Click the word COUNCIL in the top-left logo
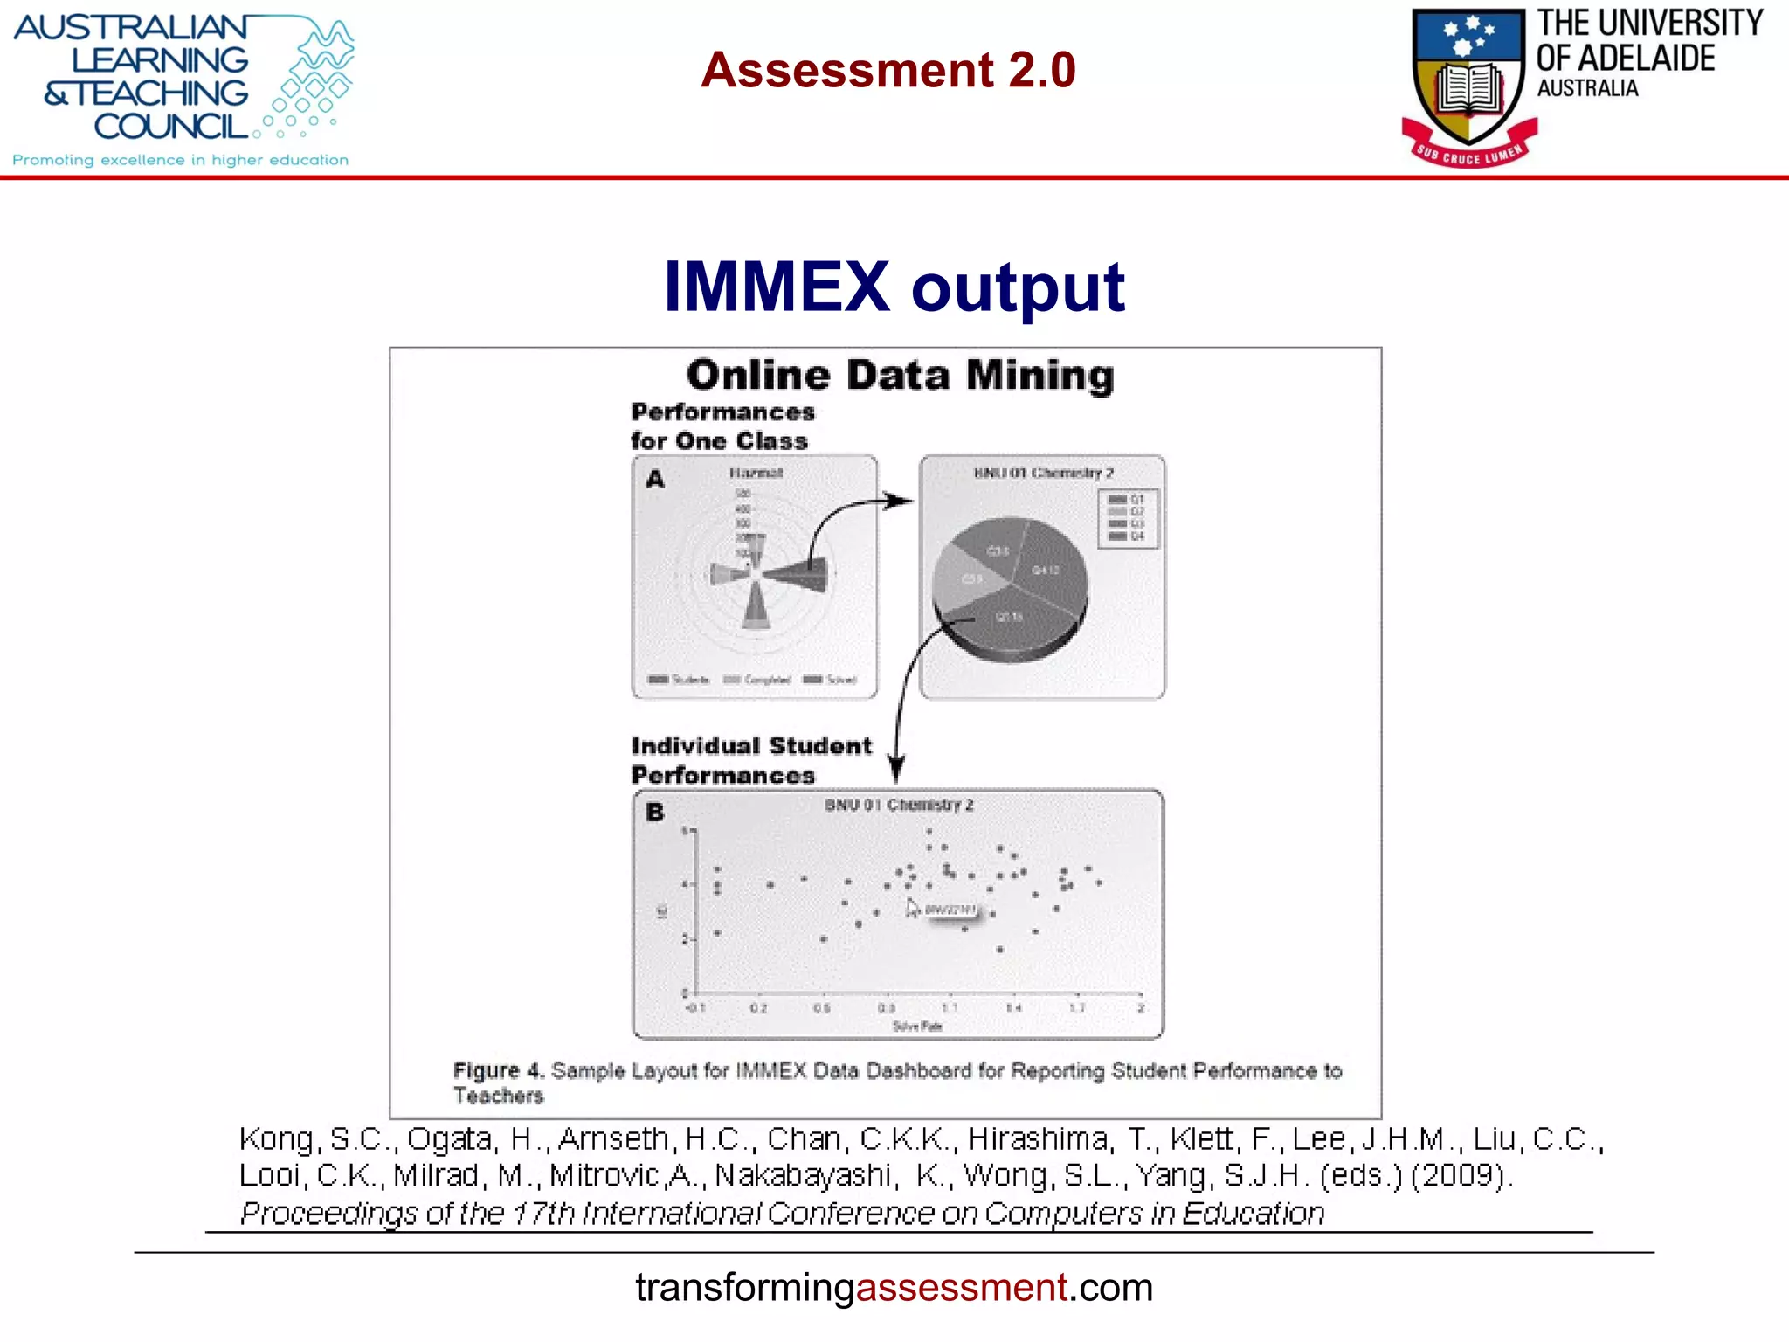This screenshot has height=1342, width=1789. tap(171, 127)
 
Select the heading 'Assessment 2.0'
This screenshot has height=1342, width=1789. tap(888, 70)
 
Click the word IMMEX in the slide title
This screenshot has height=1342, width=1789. tap(776, 287)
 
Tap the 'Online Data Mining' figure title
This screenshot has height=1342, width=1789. tap(900, 375)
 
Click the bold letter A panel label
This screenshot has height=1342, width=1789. tap(655, 479)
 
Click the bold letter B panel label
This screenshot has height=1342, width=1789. tap(655, 813)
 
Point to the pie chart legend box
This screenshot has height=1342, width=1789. tap(1129, 517)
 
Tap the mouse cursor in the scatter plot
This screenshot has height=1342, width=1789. tap(911, 908)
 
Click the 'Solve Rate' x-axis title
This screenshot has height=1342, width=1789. tap(917, 1027)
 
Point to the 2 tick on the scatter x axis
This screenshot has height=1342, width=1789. tap(1141, 1008)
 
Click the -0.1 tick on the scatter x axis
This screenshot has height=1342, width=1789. tap(695, 1008)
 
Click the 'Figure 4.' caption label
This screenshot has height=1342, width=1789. tap(499, 1070)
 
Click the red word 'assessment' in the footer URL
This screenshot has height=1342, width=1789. tap(961, 1288)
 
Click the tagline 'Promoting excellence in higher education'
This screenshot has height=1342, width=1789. tap(180, 160)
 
